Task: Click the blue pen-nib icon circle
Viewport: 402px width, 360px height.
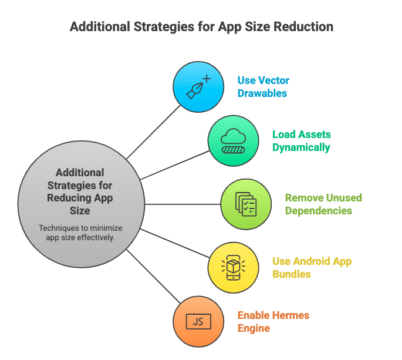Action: [x=198, y=86]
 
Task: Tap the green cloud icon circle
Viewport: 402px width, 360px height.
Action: [x=234, y=141]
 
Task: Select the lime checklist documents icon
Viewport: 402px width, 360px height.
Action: [x=246, y=204]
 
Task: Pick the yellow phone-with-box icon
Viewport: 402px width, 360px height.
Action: [x=234, y=267]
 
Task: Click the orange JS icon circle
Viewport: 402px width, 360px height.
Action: [x=198, y=321]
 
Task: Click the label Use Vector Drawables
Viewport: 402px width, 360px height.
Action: [x=263, y=86]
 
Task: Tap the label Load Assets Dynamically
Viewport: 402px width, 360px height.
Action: [x=301, y=141]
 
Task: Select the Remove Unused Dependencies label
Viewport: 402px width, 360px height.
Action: [x=323, y=204]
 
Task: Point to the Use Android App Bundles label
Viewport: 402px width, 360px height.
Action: [x=312, y=267]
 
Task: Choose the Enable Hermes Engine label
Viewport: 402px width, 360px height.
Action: [x=273, y=321]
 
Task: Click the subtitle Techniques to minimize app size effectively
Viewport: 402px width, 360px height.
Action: [x=80, y=233]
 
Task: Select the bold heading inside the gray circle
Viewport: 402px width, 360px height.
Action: [x=80, y=191]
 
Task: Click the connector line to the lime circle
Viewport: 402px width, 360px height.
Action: [x=182, y=204]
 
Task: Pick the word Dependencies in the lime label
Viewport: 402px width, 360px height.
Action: [x=319, y=211]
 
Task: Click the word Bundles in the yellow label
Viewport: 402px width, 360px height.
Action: [x=292, y=274]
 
